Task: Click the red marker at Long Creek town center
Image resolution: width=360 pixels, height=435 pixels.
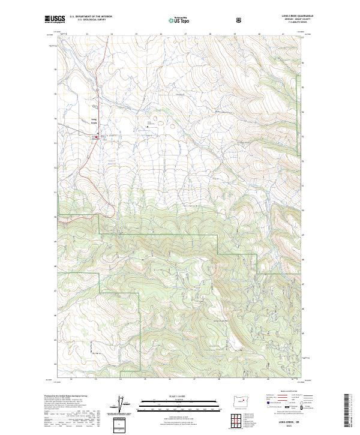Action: (x=97, y=137)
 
